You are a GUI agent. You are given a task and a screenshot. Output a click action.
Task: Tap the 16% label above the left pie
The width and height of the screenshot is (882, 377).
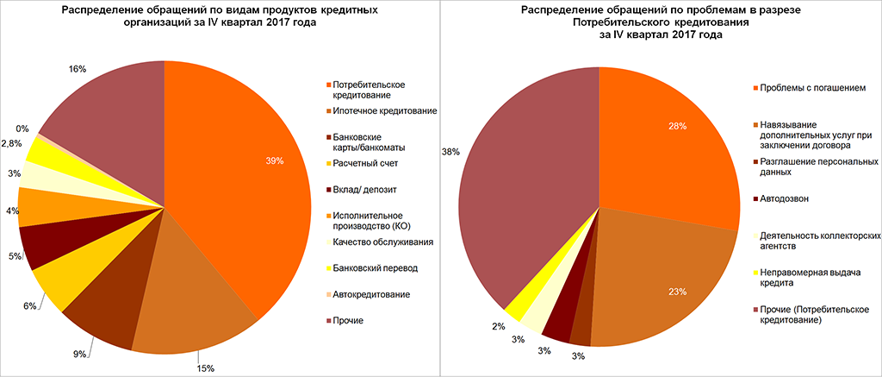coord(77,69)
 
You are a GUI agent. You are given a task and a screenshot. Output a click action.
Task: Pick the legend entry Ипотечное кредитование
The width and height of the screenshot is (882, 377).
coord(385,112)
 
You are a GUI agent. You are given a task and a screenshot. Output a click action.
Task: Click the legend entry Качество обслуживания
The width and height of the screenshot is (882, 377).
coord(382,242)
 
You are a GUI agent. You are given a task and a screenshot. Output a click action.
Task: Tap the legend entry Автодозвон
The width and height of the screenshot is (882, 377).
coord(786,200)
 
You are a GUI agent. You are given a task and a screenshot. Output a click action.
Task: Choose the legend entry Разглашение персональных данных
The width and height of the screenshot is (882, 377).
coord(818,167)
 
